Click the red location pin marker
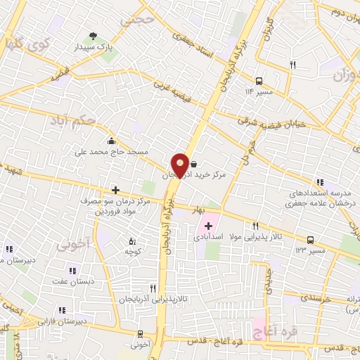click(x=180, y=164)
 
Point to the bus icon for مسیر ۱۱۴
click(x=259, y=80)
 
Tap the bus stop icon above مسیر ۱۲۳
click(x=310, y=240)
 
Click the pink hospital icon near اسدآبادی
click(x=208, y=226)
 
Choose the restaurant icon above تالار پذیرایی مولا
click(x=255, y=226)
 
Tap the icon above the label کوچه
click(x=130, y=240)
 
